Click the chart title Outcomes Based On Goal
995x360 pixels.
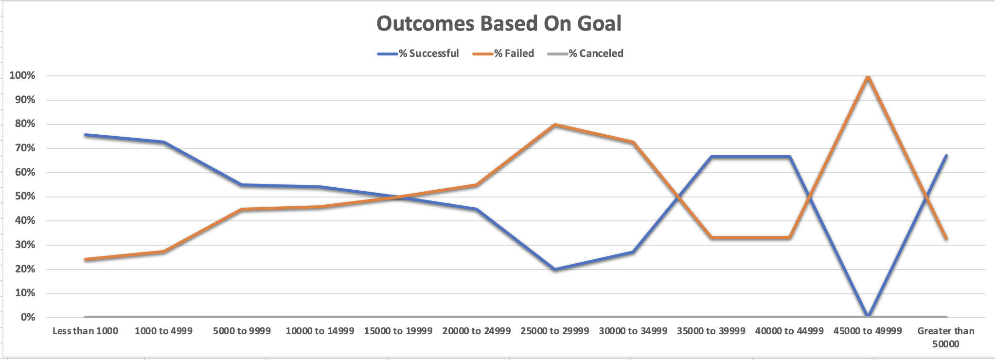pos(499,23)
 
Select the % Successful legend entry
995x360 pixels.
pos(418,54)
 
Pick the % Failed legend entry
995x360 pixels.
pos(504,54)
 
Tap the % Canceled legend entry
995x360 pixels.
pos(586,54)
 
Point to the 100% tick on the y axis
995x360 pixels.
pos(22,75)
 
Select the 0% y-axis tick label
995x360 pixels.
pos(27,317)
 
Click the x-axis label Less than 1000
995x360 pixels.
pos(85,331)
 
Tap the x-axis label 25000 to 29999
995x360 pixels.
pos(554,331)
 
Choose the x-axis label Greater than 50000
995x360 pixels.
pos(946,337)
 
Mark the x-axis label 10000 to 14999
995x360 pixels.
pos(320,331)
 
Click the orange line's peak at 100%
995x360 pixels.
pos(868,76)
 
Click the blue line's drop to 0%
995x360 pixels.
pos(868,316)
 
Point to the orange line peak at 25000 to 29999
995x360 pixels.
pos(554,125)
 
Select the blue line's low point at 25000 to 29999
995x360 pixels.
pos(554,269)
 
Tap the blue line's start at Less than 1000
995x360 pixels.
pos(86,135)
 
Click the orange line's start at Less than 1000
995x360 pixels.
pos(86,259)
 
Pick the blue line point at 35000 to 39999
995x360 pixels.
pos(711,157)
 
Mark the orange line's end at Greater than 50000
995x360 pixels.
pos(946,238)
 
